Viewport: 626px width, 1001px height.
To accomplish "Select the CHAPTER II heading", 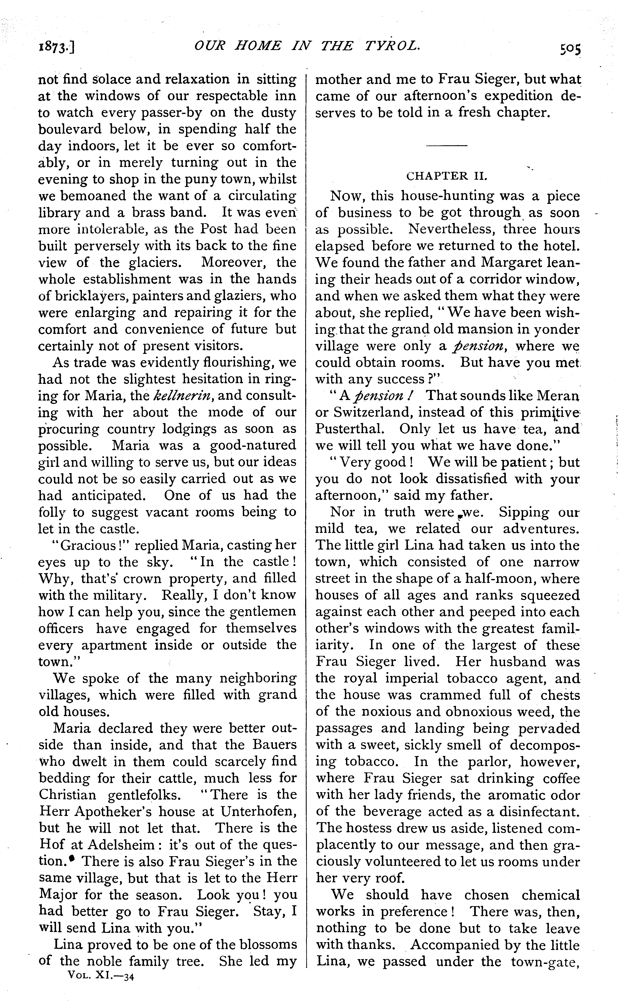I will [x=447, y=177].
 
